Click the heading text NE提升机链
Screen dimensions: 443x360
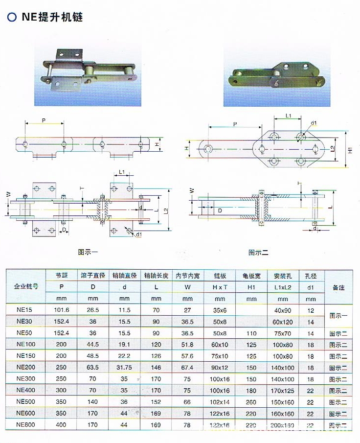[x=52, y=18]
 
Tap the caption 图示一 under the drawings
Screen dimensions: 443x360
[x=88, y=253]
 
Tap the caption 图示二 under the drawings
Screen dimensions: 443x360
[x=258, y=253]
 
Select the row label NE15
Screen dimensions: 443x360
[x=24, y=309]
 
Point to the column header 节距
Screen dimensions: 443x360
[x=61, y=276]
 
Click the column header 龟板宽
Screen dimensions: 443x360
[x=251, y=276]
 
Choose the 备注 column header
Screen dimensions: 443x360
[x=338, y=287]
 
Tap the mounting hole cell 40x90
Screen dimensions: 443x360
[x=282, y=309]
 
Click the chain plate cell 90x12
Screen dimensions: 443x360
[x=220, y=368]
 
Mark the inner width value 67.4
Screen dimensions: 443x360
[x=187, y=368]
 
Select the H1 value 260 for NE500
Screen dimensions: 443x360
[x=251, y=402]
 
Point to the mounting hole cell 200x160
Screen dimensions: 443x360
[x=282, y=425]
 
